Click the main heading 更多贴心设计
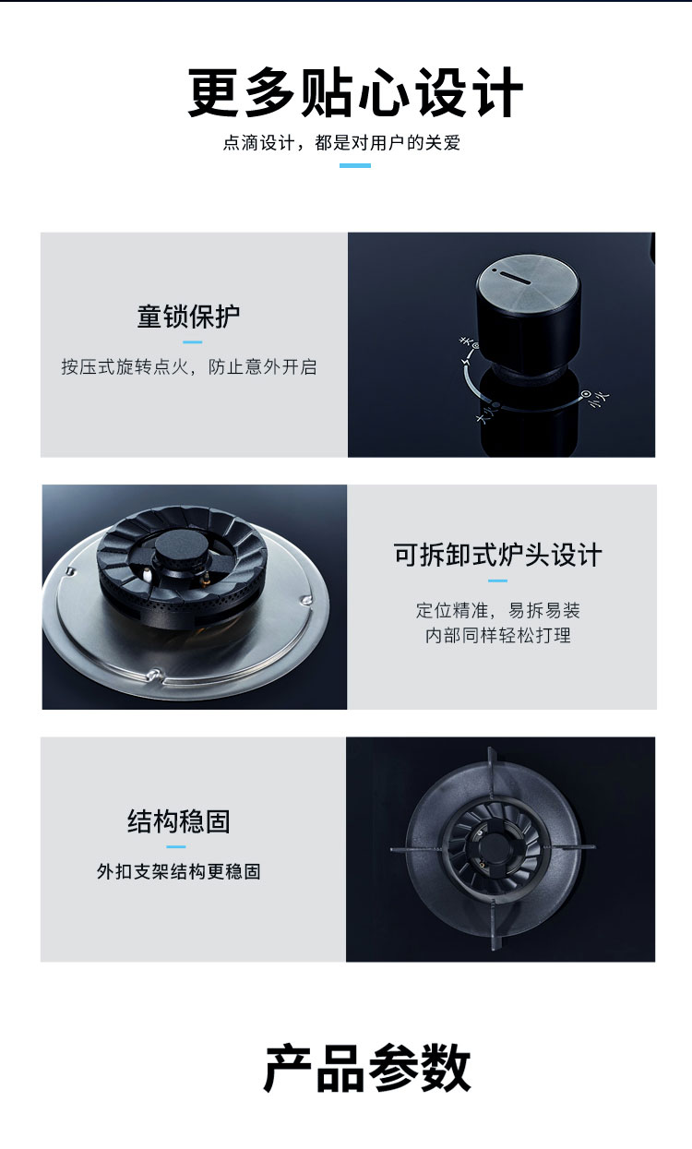point(355,93)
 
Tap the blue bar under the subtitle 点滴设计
point(355,165)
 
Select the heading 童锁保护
point(188,317)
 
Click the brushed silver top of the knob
point(529,281)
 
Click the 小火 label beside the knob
point(600,399)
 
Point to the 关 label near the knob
point(466,341)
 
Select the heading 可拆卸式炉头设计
point(497,555)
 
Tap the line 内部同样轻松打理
point(497,635)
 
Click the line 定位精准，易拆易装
point(497,610)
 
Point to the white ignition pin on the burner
point(148,576)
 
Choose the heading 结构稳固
point(178,821)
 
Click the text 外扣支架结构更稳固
point(178,871)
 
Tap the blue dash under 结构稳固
point(176,846)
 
